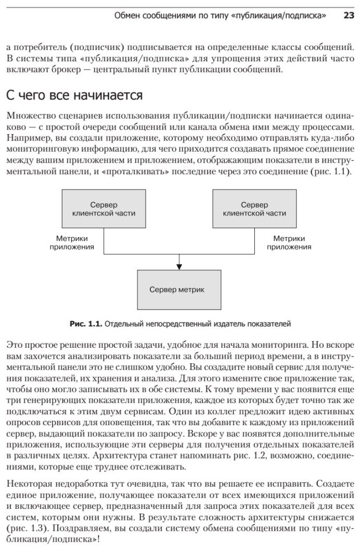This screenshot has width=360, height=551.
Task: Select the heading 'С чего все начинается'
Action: [74, 96]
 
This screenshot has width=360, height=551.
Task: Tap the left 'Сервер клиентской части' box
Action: [104, 209]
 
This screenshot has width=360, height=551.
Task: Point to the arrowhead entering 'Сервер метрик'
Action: [178, 267]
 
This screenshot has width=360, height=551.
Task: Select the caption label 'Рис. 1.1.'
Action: [86, 323]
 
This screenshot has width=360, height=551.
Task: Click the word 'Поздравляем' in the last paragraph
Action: [76, 528]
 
